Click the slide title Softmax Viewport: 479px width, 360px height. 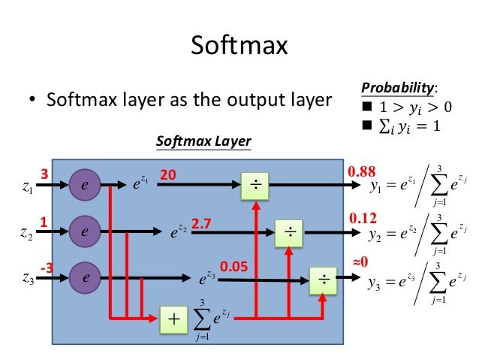[239, 46]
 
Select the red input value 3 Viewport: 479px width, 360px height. [44, 174]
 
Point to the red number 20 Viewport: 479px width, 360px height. [167, 174]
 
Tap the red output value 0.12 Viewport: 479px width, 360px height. [362, 217]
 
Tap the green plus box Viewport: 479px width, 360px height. [174, 319]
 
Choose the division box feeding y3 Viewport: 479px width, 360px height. [324, 279]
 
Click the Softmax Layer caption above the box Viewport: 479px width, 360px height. [203, 141]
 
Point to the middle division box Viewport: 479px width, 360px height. [289, 232]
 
